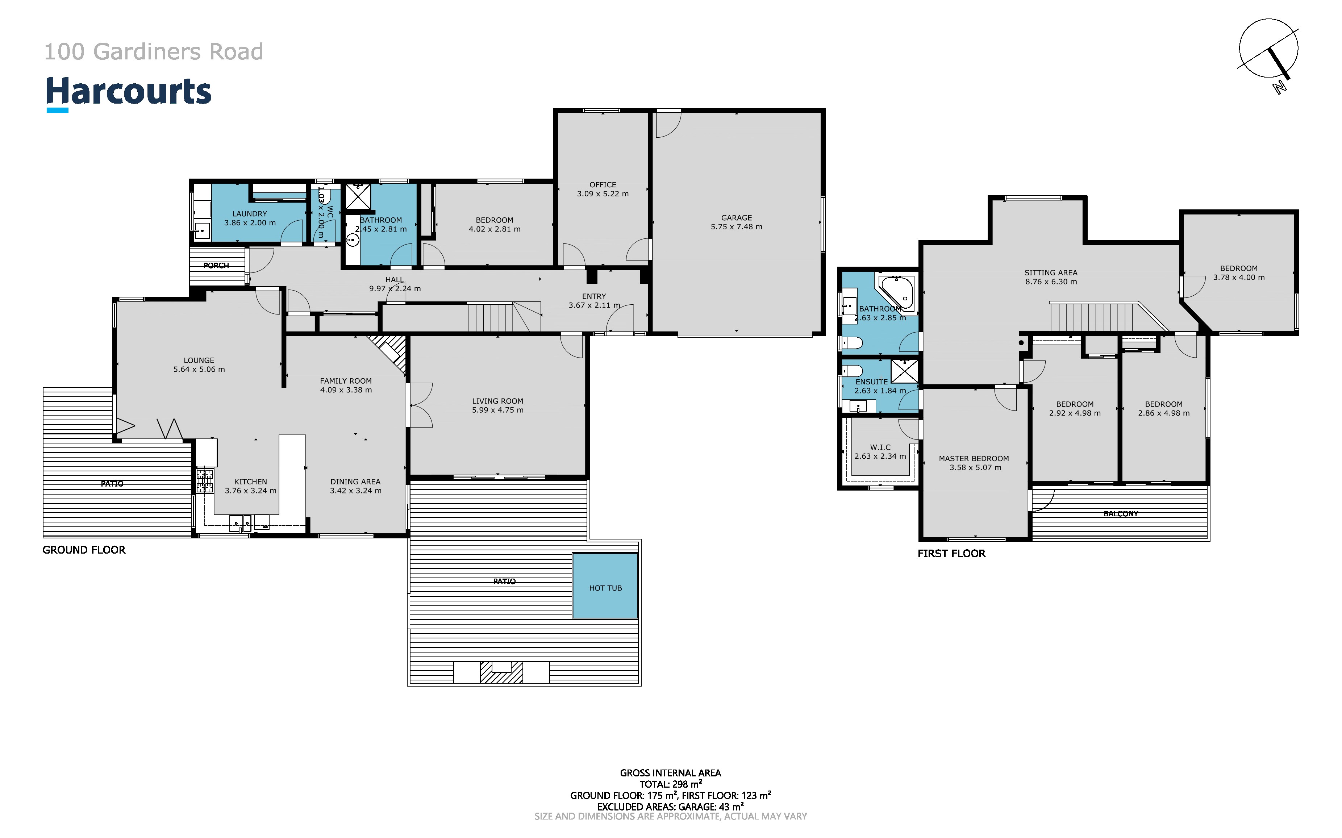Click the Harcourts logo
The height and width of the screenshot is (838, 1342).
click(x=129, y=93)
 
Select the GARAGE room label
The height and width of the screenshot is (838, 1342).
click(x=736, y=218)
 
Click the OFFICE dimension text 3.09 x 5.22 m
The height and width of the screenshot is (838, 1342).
click(x=603, y=194)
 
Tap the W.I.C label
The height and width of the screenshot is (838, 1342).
click(x=880, y=447)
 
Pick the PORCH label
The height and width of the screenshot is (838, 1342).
click(x=216, y=266)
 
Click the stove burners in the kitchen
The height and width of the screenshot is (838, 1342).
click(x=204, y=481)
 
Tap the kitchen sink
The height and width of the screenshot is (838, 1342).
click(x=241, y=522)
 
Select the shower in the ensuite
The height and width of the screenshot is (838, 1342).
click(x=904, y=371)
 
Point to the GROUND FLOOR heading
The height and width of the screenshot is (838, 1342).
click(x=84, y=550)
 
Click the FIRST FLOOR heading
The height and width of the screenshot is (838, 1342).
click(x=951, y=553)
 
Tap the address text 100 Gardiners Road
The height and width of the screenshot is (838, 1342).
click(x=154, y=51)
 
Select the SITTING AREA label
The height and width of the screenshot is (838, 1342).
click(x=1051, y=273)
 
